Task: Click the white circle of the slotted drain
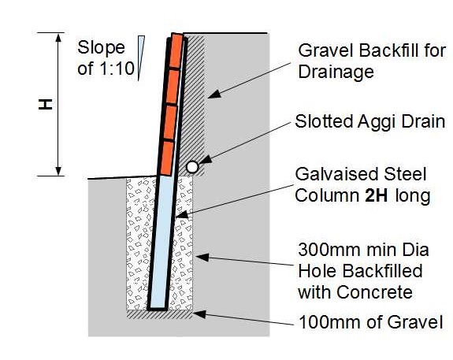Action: (192, 167)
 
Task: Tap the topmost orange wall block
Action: (176, 51)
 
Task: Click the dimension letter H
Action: (46, 104)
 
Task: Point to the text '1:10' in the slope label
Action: (117, 69)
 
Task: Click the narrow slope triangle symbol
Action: (141, 58)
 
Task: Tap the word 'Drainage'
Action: (336, 72)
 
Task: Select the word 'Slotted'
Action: (324, 121)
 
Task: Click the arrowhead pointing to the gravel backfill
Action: (214, 94)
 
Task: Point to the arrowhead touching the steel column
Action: (182, 215)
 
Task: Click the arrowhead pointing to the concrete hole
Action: (202, 257)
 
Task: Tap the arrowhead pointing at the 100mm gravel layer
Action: (199, 314)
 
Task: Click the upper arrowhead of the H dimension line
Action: (58, 38)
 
